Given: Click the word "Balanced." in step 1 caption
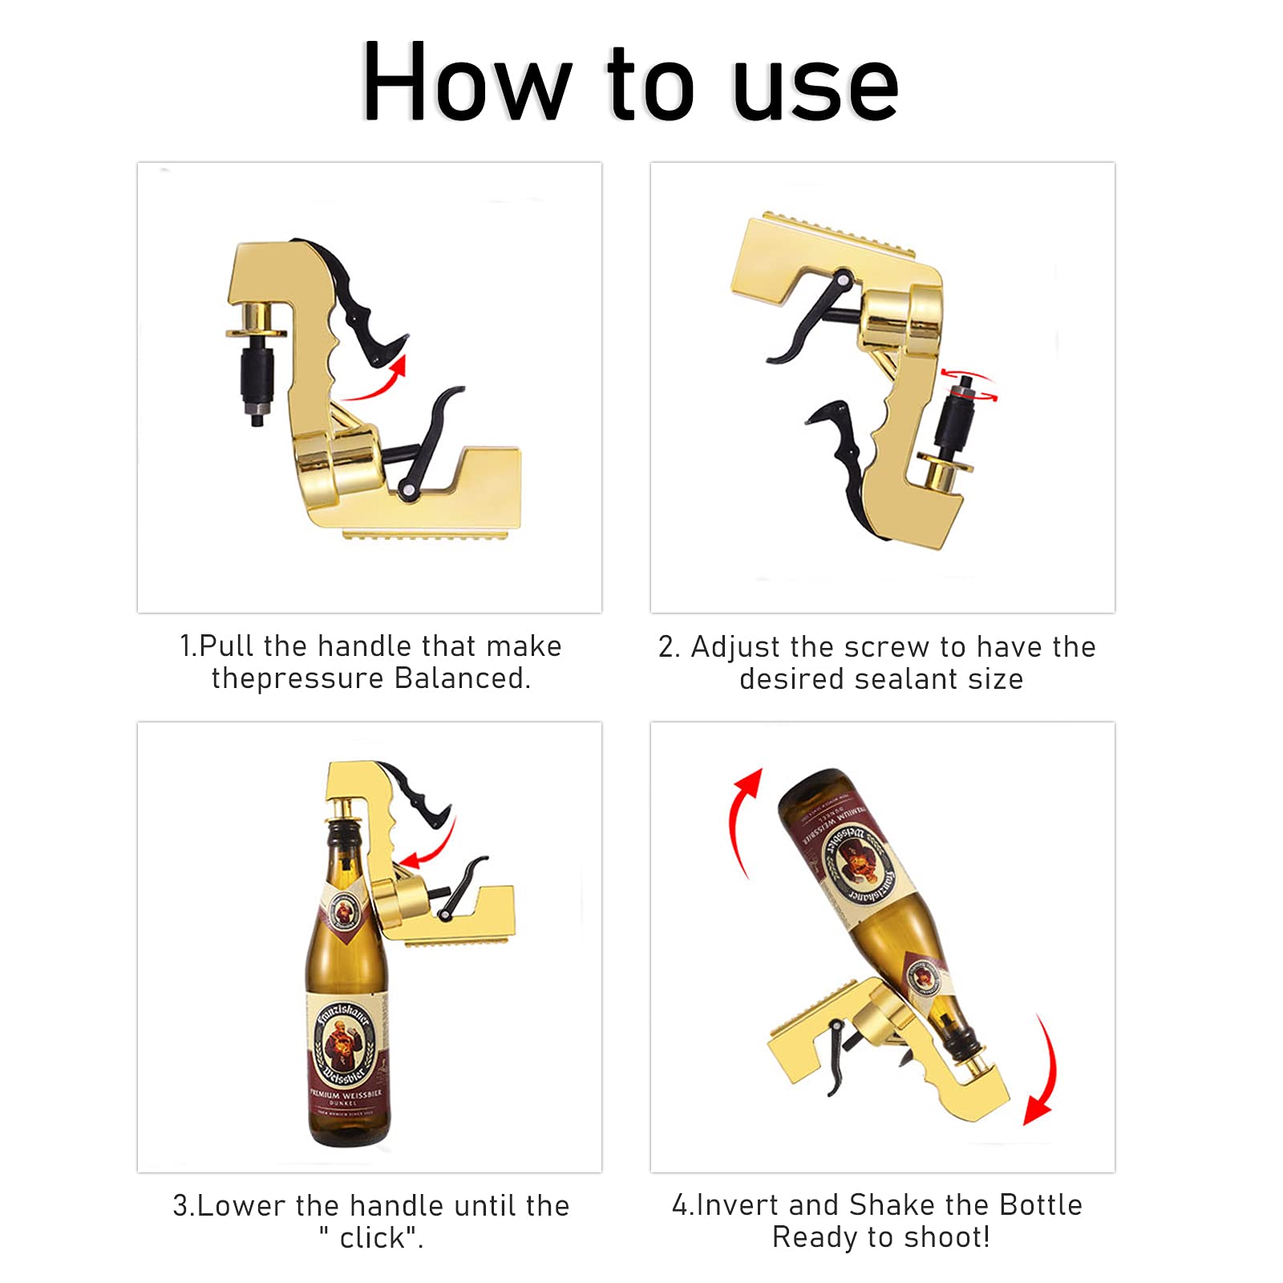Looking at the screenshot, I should point(462,678).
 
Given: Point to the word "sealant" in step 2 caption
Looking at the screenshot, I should point(906,679).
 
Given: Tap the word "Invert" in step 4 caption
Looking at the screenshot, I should point(739,1205).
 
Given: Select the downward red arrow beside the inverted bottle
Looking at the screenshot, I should point(1043,1075).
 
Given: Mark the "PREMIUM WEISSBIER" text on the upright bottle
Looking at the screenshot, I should point(346,1094).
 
